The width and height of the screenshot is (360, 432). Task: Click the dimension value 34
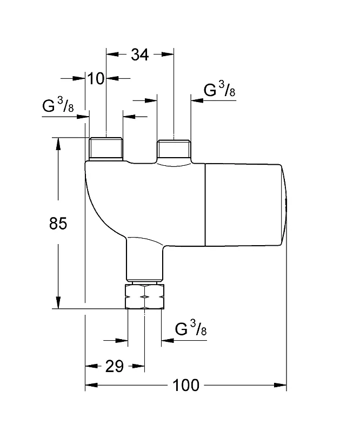coord(139,55)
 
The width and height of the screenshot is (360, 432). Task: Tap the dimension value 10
coord(96,78)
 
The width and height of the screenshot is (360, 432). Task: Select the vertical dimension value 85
coord(58,223)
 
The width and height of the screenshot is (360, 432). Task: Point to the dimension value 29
coord(115,367)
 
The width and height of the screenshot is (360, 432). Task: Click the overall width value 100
coord(185,385)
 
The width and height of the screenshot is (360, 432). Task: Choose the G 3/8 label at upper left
coord(58,105)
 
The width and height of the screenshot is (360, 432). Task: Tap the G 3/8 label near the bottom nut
coord(191,328)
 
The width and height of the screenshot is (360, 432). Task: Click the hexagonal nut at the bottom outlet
coord(145,296)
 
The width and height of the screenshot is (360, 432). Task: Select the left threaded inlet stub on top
coord(106,149)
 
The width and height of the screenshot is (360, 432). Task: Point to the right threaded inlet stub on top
coord(174,150)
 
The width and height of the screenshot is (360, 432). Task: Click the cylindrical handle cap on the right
coord(246,205)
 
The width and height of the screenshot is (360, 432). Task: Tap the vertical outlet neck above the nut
coord(145,259)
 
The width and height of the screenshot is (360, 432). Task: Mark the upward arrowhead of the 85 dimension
coord(58,144)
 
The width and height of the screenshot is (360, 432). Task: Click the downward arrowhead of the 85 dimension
coord(58,302)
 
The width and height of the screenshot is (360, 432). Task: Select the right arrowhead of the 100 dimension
coord(281,385)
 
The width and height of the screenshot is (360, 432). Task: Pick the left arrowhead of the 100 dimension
coord(91,385)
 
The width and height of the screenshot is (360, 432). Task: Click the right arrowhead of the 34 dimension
coord(168,55)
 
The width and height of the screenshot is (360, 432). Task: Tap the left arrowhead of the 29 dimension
coord(91,366)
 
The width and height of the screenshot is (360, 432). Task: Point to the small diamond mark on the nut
coord(145,296)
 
